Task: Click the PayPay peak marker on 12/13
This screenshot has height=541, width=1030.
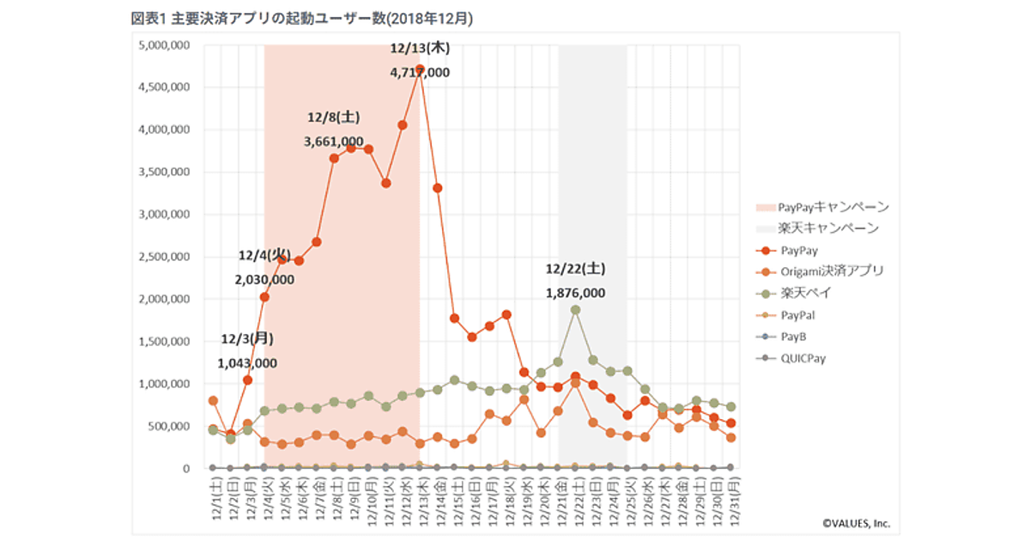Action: [x=420, y=69]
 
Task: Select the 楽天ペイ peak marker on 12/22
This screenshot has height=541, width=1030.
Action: [x=575, y=310]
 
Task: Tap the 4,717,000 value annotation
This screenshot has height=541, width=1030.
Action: [x=420, y=73]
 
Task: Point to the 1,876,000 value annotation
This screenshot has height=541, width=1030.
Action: [x=575, y=293]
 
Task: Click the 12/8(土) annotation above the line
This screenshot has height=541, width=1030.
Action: [x=334, y=117]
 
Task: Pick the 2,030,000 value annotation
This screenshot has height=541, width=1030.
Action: [x=264, y=279]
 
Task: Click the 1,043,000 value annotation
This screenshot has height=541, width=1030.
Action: [x=247, y=363]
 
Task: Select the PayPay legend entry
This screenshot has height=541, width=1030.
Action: [x=799, y=251]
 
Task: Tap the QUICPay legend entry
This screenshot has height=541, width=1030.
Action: [x=803, y=358]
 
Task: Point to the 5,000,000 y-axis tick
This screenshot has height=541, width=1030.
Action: [x=163, y=46]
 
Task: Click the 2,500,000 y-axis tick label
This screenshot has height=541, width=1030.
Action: [x=163, y=257]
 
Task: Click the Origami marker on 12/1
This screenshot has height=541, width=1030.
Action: [x=212, y=401]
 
